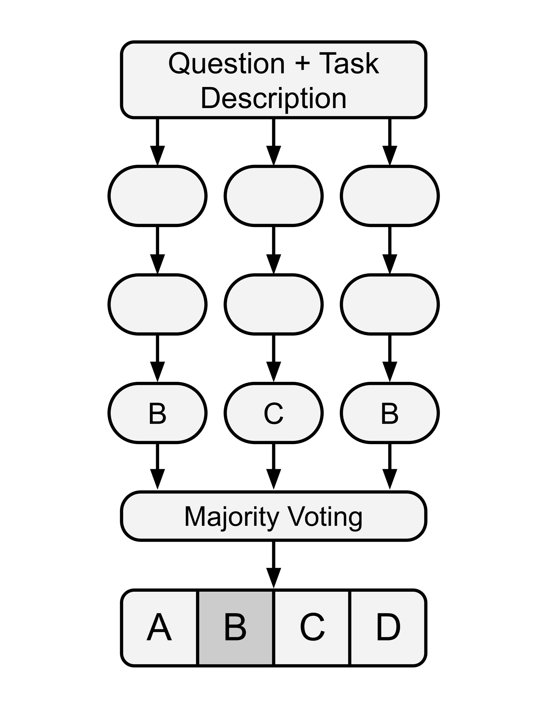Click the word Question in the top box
tap(227, 64)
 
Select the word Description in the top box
tap(273, 98)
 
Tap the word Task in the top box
tap(349, 64)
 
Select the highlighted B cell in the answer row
tap(235, 627)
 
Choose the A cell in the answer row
tap(159, 627)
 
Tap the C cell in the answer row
tap(312, 627)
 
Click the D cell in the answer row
tap(388, 627)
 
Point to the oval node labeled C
tap(274, 413)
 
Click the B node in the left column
tap(157, 413)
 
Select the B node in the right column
tap(390, 413)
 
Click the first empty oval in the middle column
tap(274, 196)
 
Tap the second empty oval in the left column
tap(157, 304)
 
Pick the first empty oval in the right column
tap(390, 196)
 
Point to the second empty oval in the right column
tap(390, 304)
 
